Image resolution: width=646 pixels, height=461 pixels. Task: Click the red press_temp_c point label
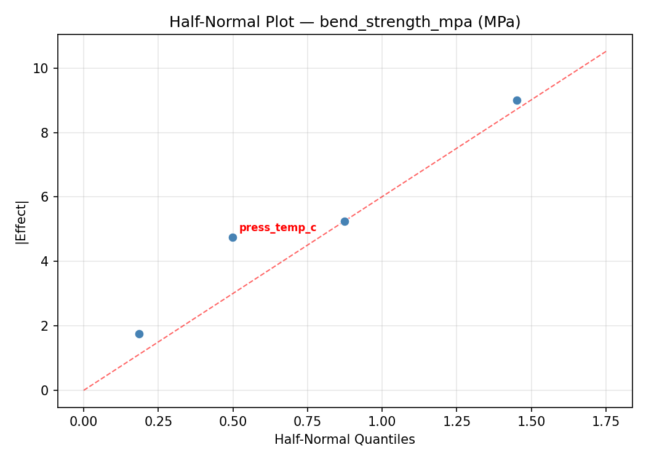pyautogui.click(x=277, y=228)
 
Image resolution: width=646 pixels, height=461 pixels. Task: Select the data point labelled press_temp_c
pyautogui.click(x=233, y=237)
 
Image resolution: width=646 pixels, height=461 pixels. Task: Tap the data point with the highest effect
pyautogui.click(x=517, y=100)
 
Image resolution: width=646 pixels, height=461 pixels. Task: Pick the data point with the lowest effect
pyautogui.click(x=139, y=334)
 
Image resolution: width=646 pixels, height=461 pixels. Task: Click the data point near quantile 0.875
pyautogui.click(x=345, y=221)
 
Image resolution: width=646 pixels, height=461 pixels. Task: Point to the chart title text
pyautogui.click(x=345, y=22)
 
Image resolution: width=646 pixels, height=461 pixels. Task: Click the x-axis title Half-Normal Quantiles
pyautogui.click(x=345, y=439)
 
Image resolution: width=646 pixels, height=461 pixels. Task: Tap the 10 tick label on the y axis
pyautogui.click(x=41, y=68)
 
